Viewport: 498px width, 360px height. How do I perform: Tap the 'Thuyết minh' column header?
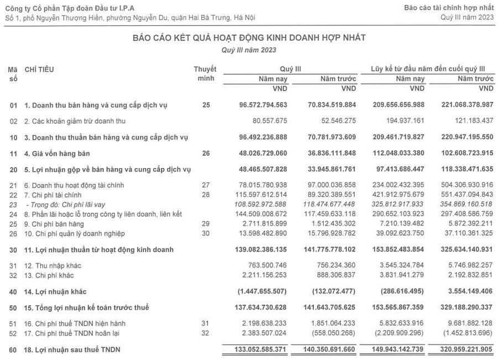[205, 74]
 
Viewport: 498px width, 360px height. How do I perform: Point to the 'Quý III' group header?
[290, 69]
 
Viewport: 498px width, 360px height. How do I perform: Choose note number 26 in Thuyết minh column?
[206, 153]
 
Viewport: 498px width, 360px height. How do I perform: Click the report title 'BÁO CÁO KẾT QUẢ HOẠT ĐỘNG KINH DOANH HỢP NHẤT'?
[249, 38]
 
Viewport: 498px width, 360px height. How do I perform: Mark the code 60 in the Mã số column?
[13, 349]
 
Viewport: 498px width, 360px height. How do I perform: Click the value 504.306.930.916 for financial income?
[461, 185]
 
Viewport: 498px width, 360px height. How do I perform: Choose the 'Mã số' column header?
[13, 74]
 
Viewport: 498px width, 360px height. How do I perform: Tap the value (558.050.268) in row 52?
[333, 333]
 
